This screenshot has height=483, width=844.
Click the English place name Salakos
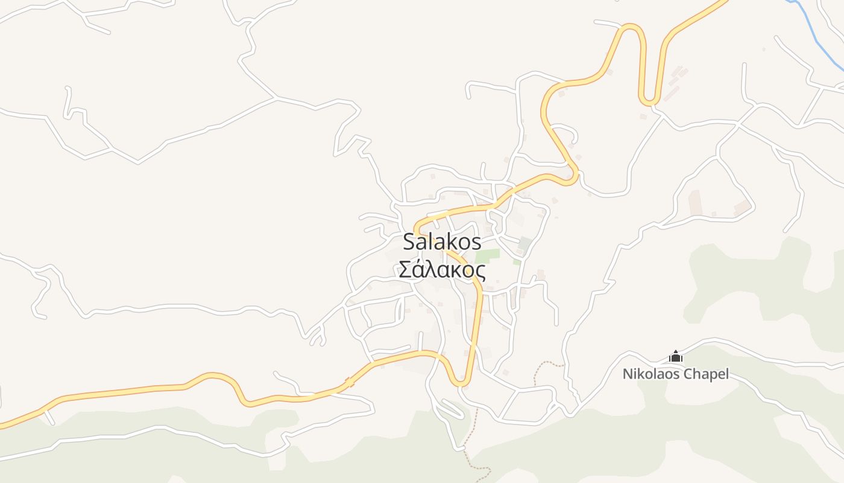442,241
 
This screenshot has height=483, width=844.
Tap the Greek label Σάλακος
442,270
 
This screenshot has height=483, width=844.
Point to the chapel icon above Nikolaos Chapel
676,357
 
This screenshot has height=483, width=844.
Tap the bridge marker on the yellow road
348,382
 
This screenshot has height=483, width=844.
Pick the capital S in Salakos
409,241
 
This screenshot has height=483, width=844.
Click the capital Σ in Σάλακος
405,270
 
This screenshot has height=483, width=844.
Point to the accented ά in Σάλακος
420,270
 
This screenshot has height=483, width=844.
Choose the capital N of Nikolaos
627,374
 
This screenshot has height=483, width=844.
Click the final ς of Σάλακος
480,271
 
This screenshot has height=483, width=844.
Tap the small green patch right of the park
517,262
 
